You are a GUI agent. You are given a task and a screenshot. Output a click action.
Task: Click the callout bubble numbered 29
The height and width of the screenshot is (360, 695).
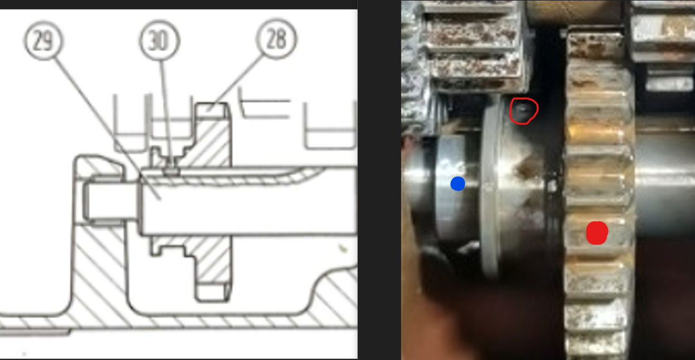(43, 41)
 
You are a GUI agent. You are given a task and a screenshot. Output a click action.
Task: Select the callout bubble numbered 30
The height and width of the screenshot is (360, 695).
(160, 41)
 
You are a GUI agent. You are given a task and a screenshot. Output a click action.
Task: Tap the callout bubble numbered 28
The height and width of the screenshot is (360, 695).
(277, 39)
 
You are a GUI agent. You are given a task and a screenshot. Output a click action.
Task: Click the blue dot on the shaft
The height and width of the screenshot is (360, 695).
(457, 184)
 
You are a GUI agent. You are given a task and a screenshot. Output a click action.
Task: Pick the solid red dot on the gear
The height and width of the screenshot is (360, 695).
(597, 233)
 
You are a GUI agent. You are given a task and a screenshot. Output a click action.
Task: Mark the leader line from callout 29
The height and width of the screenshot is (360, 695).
(107, 128)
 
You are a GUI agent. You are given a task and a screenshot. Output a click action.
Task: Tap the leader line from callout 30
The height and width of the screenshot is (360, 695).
(166, 114)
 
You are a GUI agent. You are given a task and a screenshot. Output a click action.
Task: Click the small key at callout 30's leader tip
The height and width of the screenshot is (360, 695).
(172, 171)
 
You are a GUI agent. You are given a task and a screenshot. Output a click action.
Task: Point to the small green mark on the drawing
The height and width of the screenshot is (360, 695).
(343, 248)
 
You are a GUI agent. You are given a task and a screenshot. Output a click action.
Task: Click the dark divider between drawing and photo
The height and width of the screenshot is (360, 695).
(379, 180)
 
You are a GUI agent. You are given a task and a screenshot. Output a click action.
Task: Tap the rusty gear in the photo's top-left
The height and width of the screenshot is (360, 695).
(469, 47)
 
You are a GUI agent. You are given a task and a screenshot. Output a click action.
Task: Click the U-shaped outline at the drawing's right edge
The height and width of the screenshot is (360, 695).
(330, 126)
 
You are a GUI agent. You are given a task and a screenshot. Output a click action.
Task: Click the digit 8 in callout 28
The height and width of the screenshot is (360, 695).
(281, 40)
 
